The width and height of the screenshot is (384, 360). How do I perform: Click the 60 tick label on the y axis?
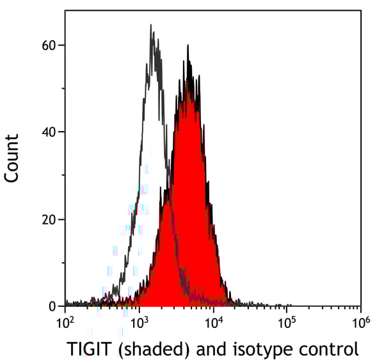click(x=48, y=45)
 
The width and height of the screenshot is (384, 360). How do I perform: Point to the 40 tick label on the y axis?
click(x=48, y=132)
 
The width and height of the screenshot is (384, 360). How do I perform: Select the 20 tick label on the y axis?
click(x=48, y=219)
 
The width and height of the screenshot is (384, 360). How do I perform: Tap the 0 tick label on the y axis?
click(x=52, y=306)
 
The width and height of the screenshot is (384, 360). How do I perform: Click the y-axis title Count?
click(x=12, y=159)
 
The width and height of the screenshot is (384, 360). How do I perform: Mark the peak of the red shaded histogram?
click(x=188, y=45)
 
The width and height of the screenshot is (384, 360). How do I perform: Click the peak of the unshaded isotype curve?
click(x=151, y=25)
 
